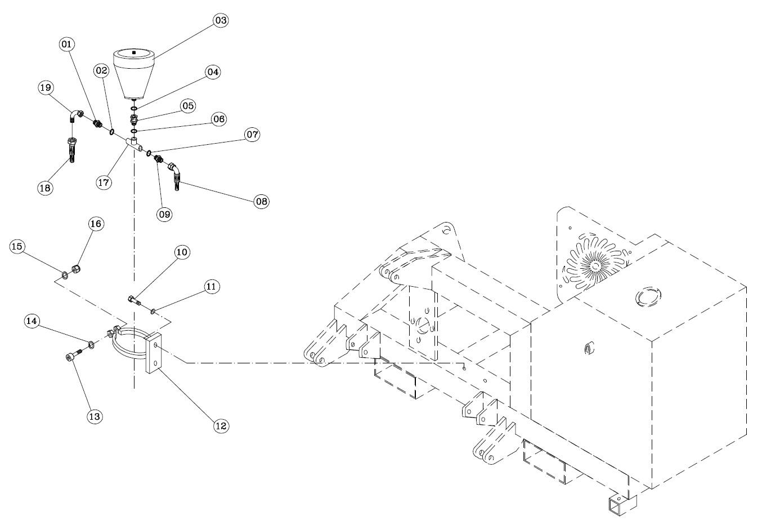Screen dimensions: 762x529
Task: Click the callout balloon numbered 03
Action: tap(221, 20)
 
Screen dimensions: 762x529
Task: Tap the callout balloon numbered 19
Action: tap(45, 88)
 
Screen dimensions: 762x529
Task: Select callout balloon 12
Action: tap(221, 426)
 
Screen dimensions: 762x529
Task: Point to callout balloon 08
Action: tap(262, 201)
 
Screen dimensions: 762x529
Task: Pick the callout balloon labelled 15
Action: tap(17, 246)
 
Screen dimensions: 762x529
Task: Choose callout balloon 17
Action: tap(104, 183)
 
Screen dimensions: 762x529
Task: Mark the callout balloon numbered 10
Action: tap(182, 252)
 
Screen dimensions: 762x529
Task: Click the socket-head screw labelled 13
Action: tap(74, 354)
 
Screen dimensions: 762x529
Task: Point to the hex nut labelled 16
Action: tap(76, 269)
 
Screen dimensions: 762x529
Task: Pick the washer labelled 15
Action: tap(64, 274)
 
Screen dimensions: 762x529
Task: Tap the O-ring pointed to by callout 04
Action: tap(134, 109)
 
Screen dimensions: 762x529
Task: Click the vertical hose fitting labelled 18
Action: tap(73, 150)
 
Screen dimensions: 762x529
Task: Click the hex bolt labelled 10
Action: tap(134, 301)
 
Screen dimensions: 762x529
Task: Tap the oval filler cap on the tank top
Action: tap(648, 297)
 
